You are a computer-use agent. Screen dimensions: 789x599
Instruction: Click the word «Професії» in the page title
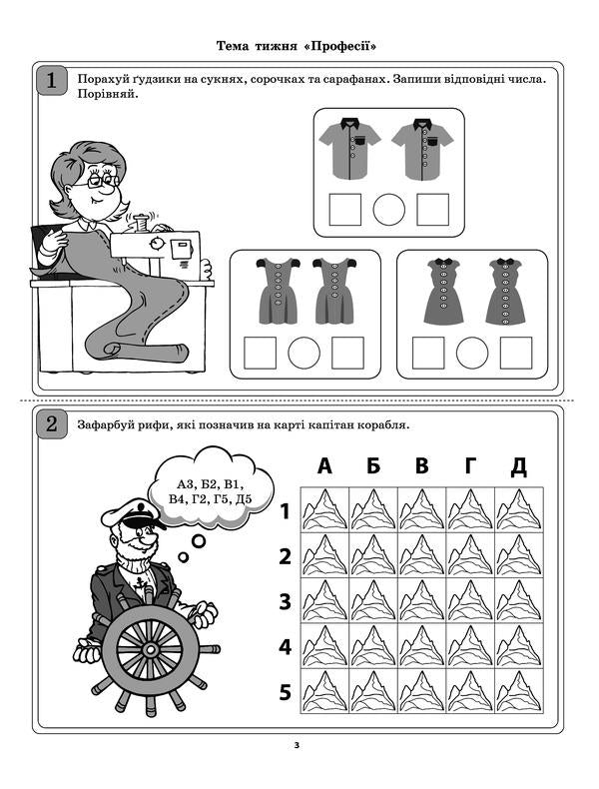[x=345, y=46]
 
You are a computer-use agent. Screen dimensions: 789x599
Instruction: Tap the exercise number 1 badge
[x=51, y=80]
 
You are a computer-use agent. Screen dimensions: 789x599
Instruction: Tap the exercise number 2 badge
[x=51, y=423]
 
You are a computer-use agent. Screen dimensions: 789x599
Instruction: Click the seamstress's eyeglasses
[x=103, y=181]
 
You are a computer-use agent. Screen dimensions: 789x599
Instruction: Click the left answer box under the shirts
[x=345, y=210]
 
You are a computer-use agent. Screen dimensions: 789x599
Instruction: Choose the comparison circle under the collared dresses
[x=472, y=353]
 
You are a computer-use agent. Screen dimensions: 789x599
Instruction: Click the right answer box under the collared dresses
[x=516, y=353]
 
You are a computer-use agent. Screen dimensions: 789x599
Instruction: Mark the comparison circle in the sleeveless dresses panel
[x=303, y=354]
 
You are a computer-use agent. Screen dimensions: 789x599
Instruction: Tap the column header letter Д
[x=518, y=466]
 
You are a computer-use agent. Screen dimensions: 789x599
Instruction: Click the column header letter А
[x=324, y=466]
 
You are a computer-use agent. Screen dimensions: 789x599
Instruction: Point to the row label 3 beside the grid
[x=285, y=601]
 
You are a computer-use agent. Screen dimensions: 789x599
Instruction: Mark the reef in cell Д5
[x=519, y=692]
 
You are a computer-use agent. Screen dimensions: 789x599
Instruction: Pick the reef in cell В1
[x=421, y=509]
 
